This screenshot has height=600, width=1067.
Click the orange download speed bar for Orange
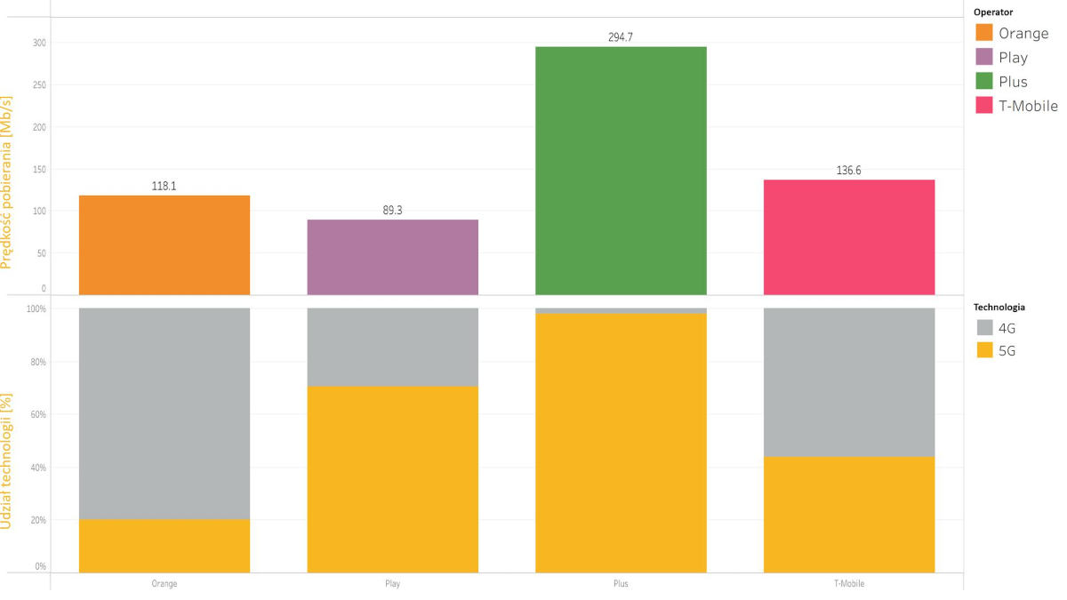[x=164, y=244]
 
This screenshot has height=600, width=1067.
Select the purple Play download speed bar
[x=392, y=257]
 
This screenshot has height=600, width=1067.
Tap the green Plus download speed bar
[x=621, y=170]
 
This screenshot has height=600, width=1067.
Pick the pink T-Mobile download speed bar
[x=849, y=236]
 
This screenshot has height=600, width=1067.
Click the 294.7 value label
[x=621, y=37]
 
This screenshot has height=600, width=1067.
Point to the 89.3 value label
[x=392, y=211]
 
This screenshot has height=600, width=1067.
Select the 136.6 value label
[x=849, y=170]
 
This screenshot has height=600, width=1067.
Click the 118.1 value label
[x=164, y=187]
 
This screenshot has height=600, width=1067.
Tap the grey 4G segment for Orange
[x=164, y=413]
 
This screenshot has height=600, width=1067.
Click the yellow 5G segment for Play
[x=392, y=479]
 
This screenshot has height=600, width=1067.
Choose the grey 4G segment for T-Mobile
[x=849, y=382]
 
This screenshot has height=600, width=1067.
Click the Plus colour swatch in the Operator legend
[x=984, y=82]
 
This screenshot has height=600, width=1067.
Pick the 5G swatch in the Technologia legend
[x=984, y=350]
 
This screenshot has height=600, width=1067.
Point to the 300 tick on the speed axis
[x=39, y=43]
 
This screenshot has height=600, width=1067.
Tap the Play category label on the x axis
[x=392, y=584]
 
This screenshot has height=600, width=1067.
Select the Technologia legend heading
[x=1000, y=307]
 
